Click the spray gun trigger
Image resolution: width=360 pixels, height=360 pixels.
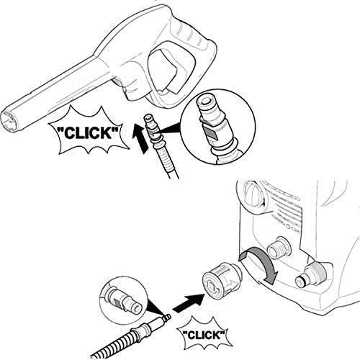[x=166, y=70]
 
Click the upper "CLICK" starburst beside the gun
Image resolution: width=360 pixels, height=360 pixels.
[x=89, y=131]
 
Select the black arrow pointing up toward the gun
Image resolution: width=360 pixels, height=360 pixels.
[x=141, y=138]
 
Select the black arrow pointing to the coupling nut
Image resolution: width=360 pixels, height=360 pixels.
[x=189, y=303]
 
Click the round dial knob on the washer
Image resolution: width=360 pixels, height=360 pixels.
[x=254, y=194]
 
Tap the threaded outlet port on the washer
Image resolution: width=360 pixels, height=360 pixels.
[x=279, y=248]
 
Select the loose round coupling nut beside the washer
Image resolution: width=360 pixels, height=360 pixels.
[x=222, y=280]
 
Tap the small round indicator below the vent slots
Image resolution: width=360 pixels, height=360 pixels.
[x=289, y=226]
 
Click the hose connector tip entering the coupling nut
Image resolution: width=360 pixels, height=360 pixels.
[x=166, y=318]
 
